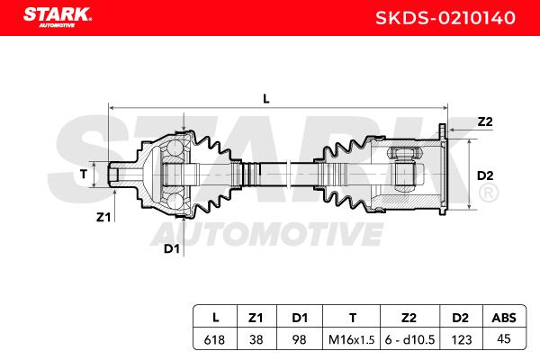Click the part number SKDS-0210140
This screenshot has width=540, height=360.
point(445,18)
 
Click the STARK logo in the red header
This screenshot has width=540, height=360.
point(58,16)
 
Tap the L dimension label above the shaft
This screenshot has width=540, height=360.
point(265,99)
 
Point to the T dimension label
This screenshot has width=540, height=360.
point(84,175)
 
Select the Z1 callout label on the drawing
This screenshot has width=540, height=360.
point(103,217)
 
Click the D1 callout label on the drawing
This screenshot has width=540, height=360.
point(172,248)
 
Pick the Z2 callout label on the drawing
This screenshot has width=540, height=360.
point(485,121)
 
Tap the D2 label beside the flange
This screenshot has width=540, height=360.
point(485,175)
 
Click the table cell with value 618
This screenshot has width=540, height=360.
point(214,339)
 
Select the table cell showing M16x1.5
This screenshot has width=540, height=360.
point(351,339)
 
